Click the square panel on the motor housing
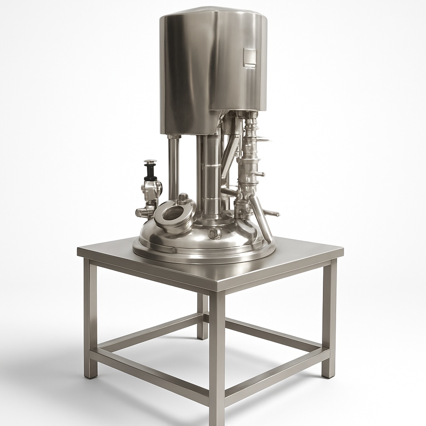(x=250, y=57)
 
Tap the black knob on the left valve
(x=151, y=172)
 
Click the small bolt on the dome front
(x=215, y=233)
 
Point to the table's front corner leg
(x=217, y=358)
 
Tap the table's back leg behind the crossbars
(x=202, y=316)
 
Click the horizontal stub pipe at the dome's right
(x=271, y=213)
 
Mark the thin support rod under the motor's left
(x=173, y=166)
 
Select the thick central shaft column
(x=212, y=175)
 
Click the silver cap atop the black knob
(x=150, y=162)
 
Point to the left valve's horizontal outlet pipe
(x=144, y=213)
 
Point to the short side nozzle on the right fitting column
(x=259, y=174)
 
